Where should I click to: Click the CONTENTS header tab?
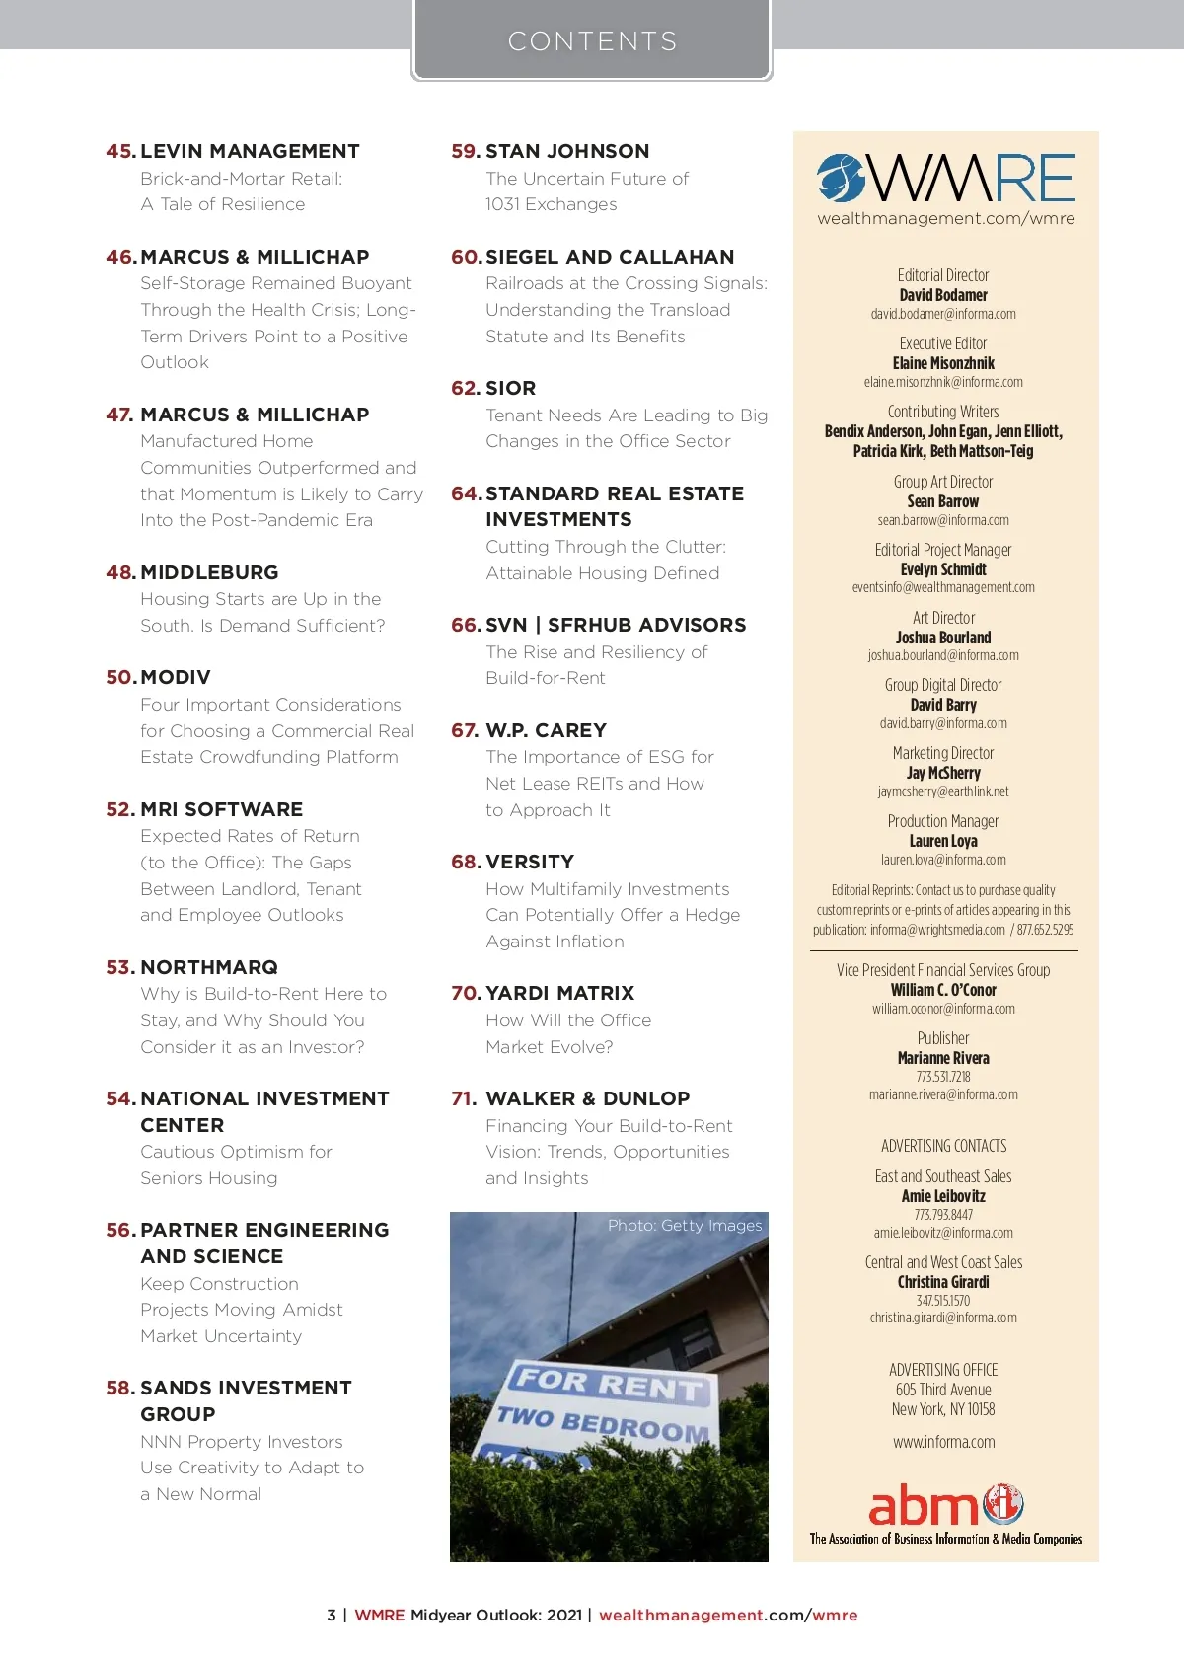coord(592,41)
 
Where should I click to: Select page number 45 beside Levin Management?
coord(120,151)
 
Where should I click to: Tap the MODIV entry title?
coord(176,677)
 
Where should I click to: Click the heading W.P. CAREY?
coord(546,730)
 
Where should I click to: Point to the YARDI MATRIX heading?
coord(559,993)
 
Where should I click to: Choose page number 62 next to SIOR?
coord(466,388)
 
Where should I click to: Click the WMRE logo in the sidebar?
coord(945,179)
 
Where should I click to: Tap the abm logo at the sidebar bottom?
coord(945,1506)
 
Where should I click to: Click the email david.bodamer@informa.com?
coord(943,314)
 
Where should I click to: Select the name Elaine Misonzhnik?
coord(943,363)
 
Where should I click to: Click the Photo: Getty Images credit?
coord(685,1225)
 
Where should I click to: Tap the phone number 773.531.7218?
coord(943,1077)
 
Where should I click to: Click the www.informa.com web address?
coord(944,1442)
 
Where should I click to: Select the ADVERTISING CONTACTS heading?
coord(944,1146)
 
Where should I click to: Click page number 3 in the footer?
coord(332,1616)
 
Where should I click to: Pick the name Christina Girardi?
coord(943,1282)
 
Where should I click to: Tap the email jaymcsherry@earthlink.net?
coord(943,791)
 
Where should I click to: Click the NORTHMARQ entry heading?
coord(209,967)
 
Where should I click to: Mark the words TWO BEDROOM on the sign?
coord(602,1424)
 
